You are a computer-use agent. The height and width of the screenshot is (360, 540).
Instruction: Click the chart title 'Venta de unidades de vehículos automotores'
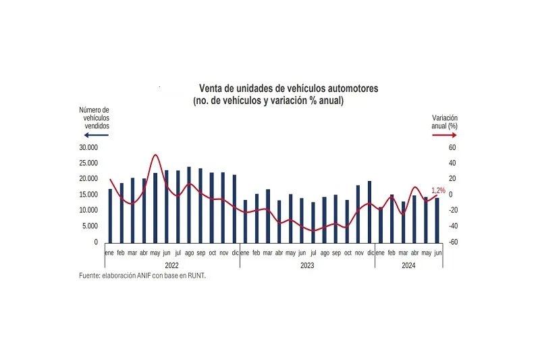(288, 88)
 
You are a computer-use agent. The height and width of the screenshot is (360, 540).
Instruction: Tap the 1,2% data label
(438, 190)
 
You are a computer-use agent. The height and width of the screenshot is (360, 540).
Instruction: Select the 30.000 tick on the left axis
(88, 147)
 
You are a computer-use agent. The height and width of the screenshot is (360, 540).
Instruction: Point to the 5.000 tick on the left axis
(90, 226)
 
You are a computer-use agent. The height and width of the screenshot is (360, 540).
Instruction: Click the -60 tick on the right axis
(453, 242)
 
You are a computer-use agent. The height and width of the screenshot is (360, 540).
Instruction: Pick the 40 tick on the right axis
(453, 163)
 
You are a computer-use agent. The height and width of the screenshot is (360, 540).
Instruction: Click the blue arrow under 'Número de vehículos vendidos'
(94, 135)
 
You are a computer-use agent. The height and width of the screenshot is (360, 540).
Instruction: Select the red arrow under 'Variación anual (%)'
(445, 135)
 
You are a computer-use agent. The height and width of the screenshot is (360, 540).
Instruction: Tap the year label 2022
(172, 265)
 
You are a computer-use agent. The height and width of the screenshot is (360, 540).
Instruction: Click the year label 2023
(308, 265)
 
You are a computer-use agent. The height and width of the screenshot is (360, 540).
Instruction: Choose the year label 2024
(408, 265)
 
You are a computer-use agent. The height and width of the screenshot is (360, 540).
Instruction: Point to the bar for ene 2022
(110, 215)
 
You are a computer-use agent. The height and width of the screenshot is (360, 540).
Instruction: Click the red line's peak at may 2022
(156, 155)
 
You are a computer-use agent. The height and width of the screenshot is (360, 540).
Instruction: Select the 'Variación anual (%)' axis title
(445, 122)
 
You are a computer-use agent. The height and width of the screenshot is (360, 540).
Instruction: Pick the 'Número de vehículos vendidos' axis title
(94, 118)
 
